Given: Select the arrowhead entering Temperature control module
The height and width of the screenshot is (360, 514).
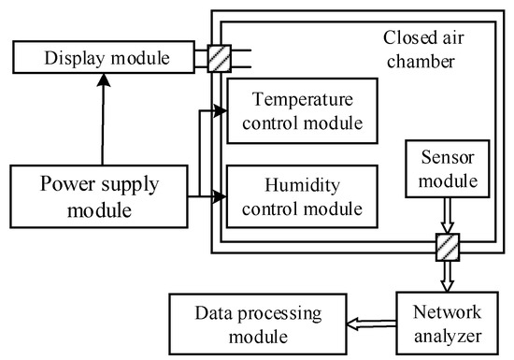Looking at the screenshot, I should [220, 110].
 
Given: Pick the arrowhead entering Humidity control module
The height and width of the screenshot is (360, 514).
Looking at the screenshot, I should [220, 197].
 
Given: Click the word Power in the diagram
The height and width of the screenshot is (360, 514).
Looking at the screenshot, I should [60, 183].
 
